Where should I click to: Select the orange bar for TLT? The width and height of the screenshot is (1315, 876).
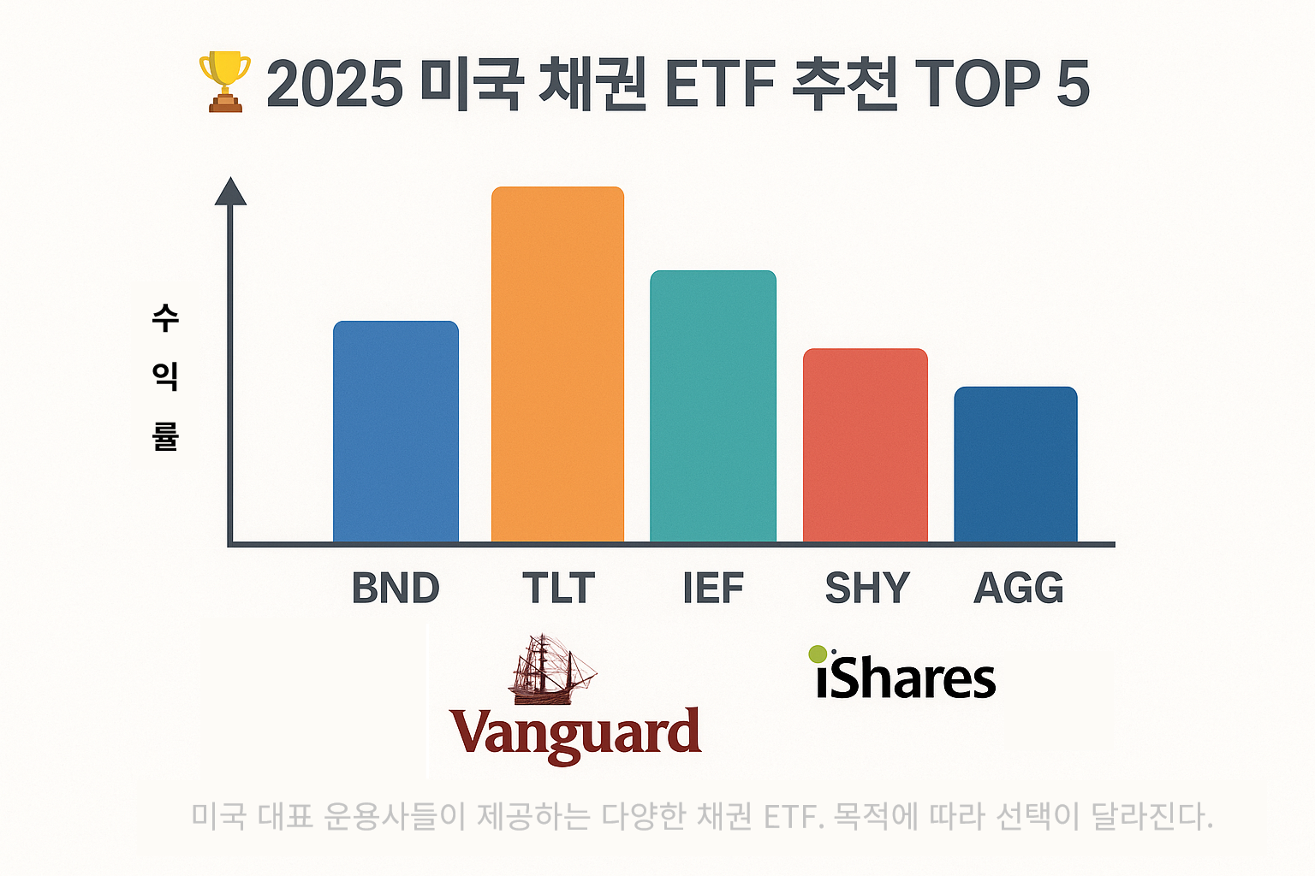[x=557, y=364]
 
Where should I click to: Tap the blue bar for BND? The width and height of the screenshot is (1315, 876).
[x=396, y=432]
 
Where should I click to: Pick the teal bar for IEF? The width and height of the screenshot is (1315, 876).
[x=713, y=406]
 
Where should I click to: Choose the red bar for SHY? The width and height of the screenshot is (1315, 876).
[x=866, y=446]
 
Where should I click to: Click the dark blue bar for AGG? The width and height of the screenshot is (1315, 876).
[x=1015, y=465]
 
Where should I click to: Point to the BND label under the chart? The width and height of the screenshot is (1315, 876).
[x=396, y=589]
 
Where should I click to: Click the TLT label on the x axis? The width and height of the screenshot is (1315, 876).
[x=558, y=589]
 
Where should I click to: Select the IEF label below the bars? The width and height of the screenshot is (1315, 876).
[x=713, y=589]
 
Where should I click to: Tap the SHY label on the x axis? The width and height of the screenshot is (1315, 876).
[x=866, y=589]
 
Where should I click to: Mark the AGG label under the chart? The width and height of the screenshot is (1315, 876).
[x=1019, y=589]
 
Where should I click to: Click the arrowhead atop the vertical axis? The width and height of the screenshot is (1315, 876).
[x=230, y=192]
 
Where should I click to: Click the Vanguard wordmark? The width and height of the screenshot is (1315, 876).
[x=575, y=734]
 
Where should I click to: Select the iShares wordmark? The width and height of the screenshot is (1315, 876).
[x=906, y=678]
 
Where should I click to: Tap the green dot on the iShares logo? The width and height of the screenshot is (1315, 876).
[x=818, y=654]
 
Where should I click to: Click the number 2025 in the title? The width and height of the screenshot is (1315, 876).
[x=335, y=85]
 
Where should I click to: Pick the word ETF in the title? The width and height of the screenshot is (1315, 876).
[x=719, y=85]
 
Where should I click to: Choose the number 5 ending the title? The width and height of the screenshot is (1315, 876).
[x=1073, y=85]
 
